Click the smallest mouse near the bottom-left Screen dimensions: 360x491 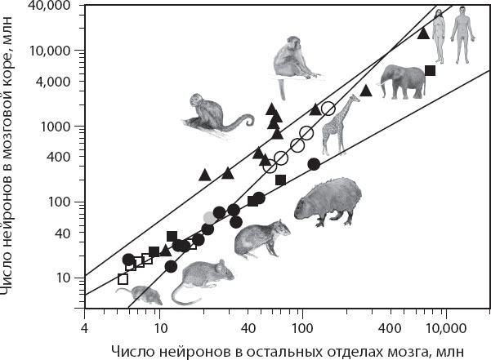click(x=137, y=294)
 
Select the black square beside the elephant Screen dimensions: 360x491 click(x=430, y=70)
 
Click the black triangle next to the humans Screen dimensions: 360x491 click(x=423, y=33)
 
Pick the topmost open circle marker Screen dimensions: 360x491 click(x=328, y=109)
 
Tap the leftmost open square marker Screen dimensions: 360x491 click(x=123, y=279)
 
